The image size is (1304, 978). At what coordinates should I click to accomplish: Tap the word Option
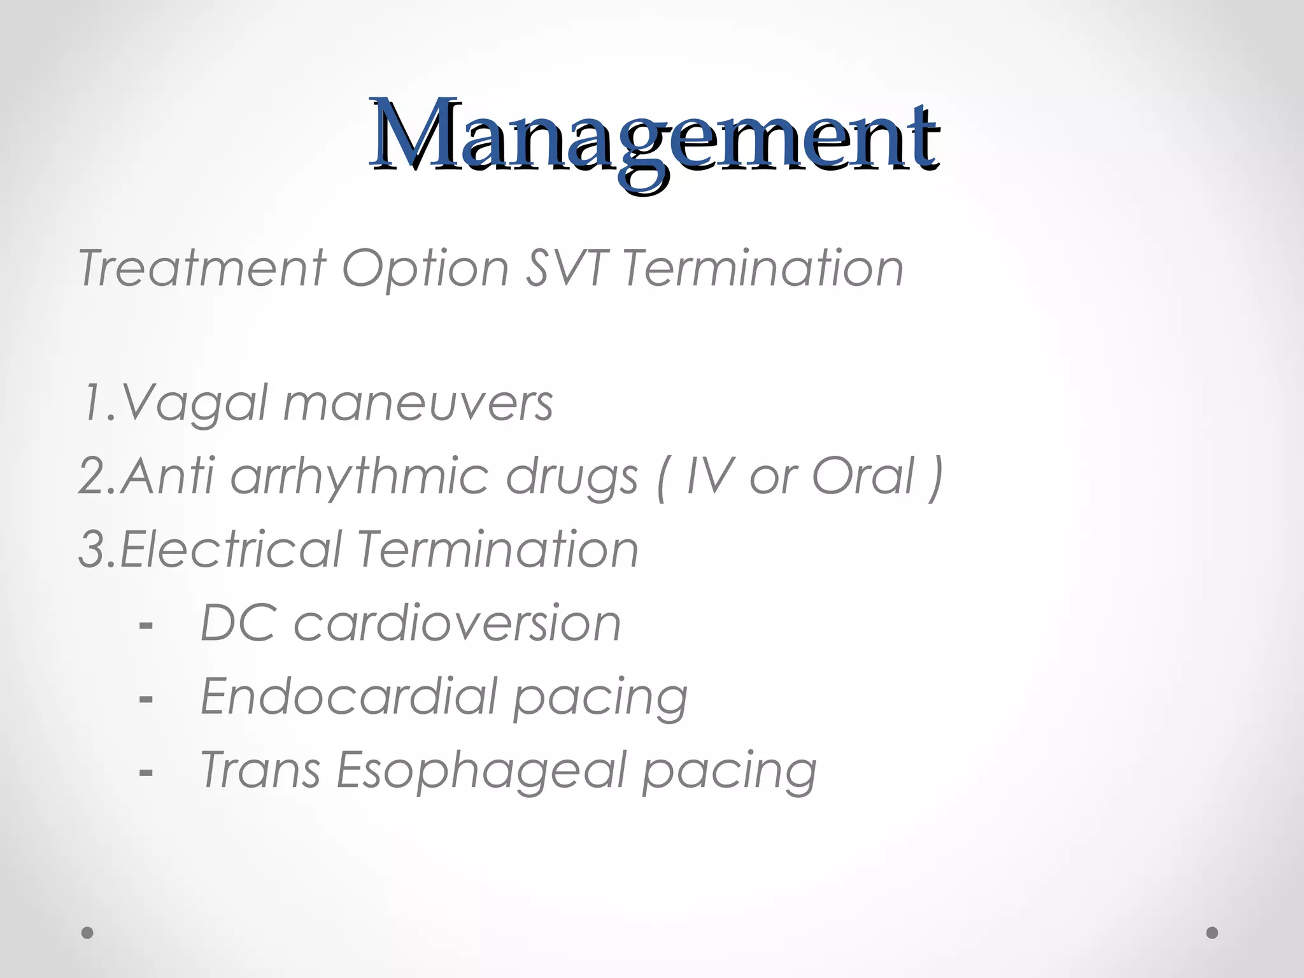pos(425,268)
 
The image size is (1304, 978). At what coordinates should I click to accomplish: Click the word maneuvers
pos(418,403)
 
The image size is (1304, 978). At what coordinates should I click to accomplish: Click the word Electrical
pos(230,549)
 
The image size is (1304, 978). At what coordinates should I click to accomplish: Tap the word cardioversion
pos(457,623)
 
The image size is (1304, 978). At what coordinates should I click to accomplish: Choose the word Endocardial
pos(348,696)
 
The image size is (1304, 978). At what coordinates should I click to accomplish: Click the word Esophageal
pos(481,770)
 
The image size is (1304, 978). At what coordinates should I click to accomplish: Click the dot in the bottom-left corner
pos(88,933)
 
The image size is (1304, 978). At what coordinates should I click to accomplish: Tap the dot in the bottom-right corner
pos(1212,933)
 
